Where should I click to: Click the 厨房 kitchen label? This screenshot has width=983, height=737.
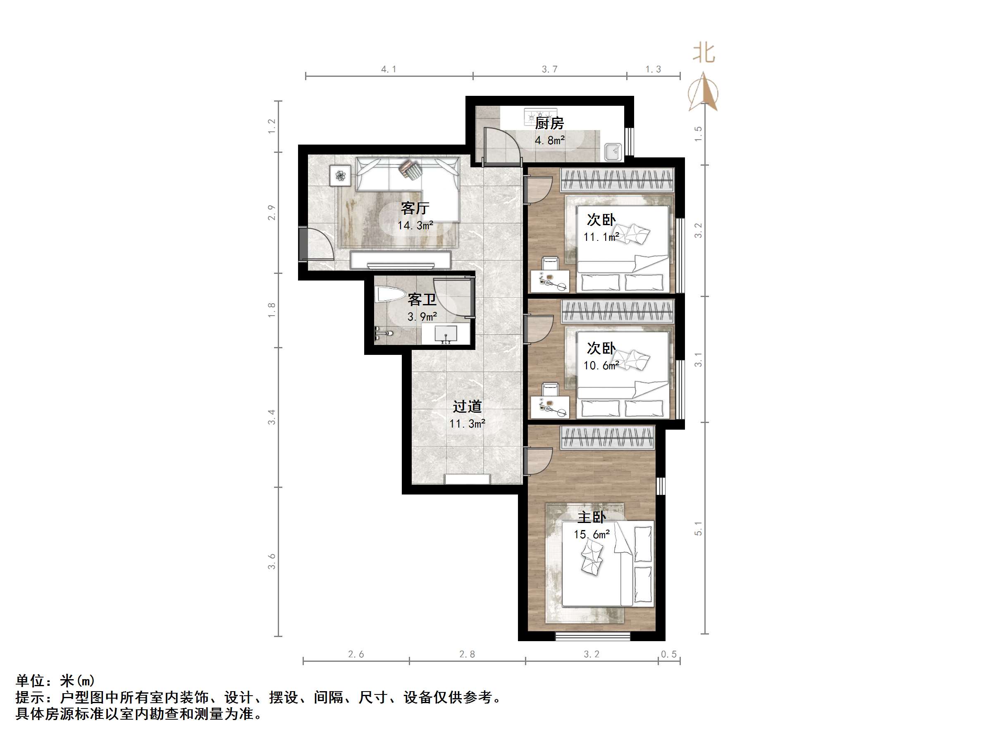click(x=549, y=123)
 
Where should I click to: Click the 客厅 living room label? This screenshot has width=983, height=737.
click(x=415, y=208)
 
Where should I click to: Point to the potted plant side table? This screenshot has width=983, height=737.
click(x=340, y=176)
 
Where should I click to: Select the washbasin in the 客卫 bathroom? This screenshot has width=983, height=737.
click(x=446, y=334)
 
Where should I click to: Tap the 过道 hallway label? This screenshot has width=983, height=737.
click(x=467, y=406)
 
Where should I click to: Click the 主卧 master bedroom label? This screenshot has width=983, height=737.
click(x=592, y=517)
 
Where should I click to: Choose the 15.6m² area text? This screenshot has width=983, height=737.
click(x=592, y=535)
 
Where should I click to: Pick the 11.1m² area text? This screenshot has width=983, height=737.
click(x=601, y=237)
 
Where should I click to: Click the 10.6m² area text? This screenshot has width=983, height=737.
click(x=601, y=366)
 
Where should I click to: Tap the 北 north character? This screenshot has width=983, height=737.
click(x=704, y=53)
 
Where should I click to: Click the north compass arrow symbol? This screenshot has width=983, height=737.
click(x=703, y=93)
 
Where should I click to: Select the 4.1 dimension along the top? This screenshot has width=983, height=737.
click(x=389, y=69)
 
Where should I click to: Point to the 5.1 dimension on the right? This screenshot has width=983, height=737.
click(x=698, y=528)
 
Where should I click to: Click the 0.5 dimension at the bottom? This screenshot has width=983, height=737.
click(x=669, y=654)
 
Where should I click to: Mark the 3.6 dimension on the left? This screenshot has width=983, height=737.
click(x=272, y=561)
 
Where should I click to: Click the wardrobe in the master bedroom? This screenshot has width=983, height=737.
click(x=607, y=437)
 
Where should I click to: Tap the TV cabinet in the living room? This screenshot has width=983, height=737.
click(x=401, y=260)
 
